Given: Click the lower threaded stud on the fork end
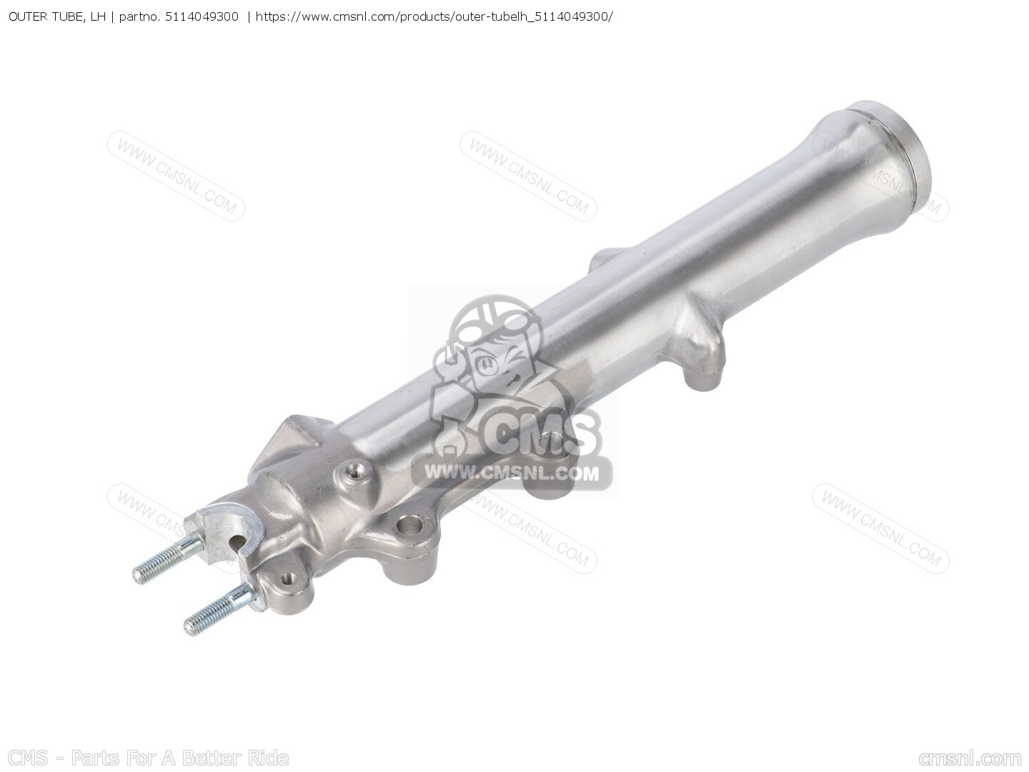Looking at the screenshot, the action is [217, 610].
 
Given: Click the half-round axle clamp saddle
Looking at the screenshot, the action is [227, 529].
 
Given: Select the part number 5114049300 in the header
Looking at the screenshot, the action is [202, 17].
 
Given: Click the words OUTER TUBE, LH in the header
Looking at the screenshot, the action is [56, 17].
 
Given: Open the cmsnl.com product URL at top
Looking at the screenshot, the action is [434, 17].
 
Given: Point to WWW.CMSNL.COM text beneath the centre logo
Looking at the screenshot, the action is [512, 474].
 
